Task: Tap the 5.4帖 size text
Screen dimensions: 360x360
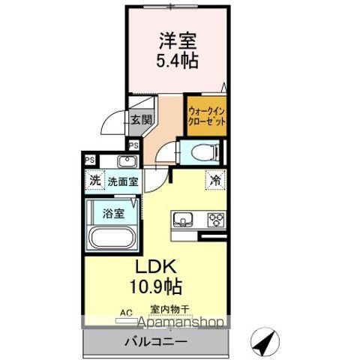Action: [178, 61]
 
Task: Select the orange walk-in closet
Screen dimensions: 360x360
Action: [205, 117]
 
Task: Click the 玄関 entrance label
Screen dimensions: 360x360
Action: [141, 120]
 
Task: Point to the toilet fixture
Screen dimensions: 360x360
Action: [202, 153]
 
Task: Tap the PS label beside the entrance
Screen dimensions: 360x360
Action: [133, 145]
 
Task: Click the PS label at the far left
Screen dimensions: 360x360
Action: [89, 159]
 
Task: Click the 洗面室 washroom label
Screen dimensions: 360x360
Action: [121, 181]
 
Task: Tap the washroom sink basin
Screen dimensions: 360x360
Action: [126, 161]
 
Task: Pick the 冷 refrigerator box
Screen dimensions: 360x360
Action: [214, 180]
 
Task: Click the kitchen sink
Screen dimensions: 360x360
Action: [184, 220]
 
